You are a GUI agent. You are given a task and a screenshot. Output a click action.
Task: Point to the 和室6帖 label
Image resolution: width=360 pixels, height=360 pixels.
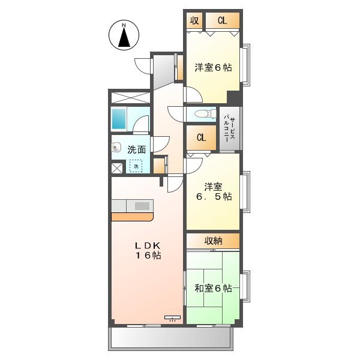coord(213,289)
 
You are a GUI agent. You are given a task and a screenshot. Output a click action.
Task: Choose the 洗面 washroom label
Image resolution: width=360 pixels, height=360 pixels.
coord(137,150)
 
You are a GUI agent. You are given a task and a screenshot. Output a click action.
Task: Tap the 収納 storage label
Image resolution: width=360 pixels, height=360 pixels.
coord(213,241)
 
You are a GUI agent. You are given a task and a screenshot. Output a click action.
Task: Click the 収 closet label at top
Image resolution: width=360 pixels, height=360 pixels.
coord(194,20)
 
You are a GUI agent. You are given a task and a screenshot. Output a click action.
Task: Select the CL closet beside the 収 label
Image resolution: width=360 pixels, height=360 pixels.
coord(222,20)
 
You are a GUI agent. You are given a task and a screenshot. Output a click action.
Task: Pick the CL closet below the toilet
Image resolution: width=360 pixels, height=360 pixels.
coord(200,137)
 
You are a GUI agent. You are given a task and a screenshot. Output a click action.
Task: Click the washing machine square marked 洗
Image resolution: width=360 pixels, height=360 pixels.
coord(136,166)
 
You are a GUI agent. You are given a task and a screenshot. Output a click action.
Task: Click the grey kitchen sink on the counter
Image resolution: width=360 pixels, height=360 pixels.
coord(142,206)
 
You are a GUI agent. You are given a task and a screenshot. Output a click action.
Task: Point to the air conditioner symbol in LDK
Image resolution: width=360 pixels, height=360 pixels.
coord(172,317)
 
